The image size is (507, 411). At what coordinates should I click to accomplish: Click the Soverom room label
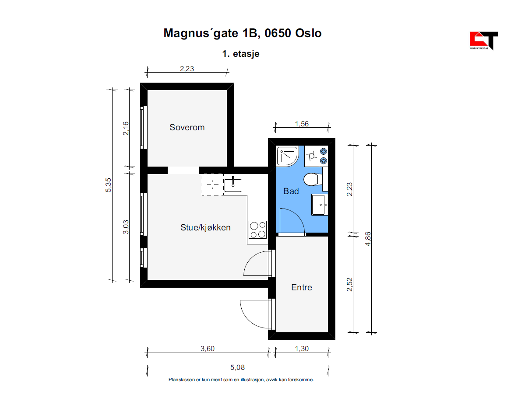coord(187,127)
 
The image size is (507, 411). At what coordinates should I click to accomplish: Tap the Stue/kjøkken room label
coord(205,228)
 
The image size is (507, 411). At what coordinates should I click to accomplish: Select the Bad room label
coord(291,191)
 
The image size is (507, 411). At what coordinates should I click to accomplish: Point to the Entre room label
coord(302,287)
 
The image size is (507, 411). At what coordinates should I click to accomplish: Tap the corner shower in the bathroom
coord(287,156)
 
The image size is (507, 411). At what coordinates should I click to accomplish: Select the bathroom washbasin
coord(319,204)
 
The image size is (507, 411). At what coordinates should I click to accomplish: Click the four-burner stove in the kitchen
coord(258,230)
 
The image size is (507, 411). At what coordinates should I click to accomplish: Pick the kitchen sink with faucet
coord(233,185)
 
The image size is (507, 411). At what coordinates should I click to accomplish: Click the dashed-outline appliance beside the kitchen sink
coord(212,185)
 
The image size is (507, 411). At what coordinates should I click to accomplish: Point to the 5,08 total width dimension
coord(237,367)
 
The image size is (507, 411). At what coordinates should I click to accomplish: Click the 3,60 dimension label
coord(207,348)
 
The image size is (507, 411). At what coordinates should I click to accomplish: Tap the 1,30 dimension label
coord(302,348)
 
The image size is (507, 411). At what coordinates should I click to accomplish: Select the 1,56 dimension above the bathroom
coord(302,124)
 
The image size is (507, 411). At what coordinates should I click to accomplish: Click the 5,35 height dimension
coord(108,185)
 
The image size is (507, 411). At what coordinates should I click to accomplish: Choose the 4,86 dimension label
coord(368,239)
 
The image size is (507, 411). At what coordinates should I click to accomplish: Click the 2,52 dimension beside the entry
coord(349,285)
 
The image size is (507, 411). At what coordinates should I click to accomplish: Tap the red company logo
coord(483,41)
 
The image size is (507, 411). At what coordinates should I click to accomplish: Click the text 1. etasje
coord(240,54)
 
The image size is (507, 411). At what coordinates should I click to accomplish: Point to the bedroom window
coord(144,128)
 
